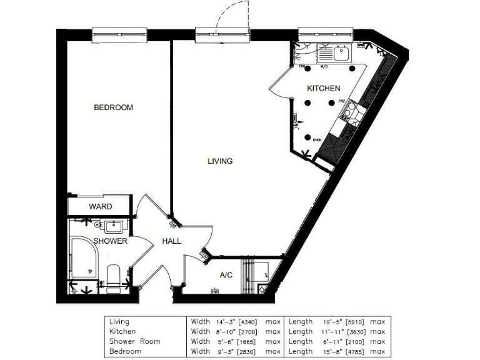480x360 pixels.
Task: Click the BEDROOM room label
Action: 113,107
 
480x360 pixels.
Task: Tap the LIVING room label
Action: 220,161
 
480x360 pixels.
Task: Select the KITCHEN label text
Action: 323,89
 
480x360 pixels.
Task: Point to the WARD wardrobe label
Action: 100,206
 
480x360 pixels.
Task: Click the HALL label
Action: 172,241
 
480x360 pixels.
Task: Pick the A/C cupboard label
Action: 226,275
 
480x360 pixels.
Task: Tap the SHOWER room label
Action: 111,241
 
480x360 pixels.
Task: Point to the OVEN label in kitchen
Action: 317,141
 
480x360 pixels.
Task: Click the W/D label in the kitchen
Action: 324,66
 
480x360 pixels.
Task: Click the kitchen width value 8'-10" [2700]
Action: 235,331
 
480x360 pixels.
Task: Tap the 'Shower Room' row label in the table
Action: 134,341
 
